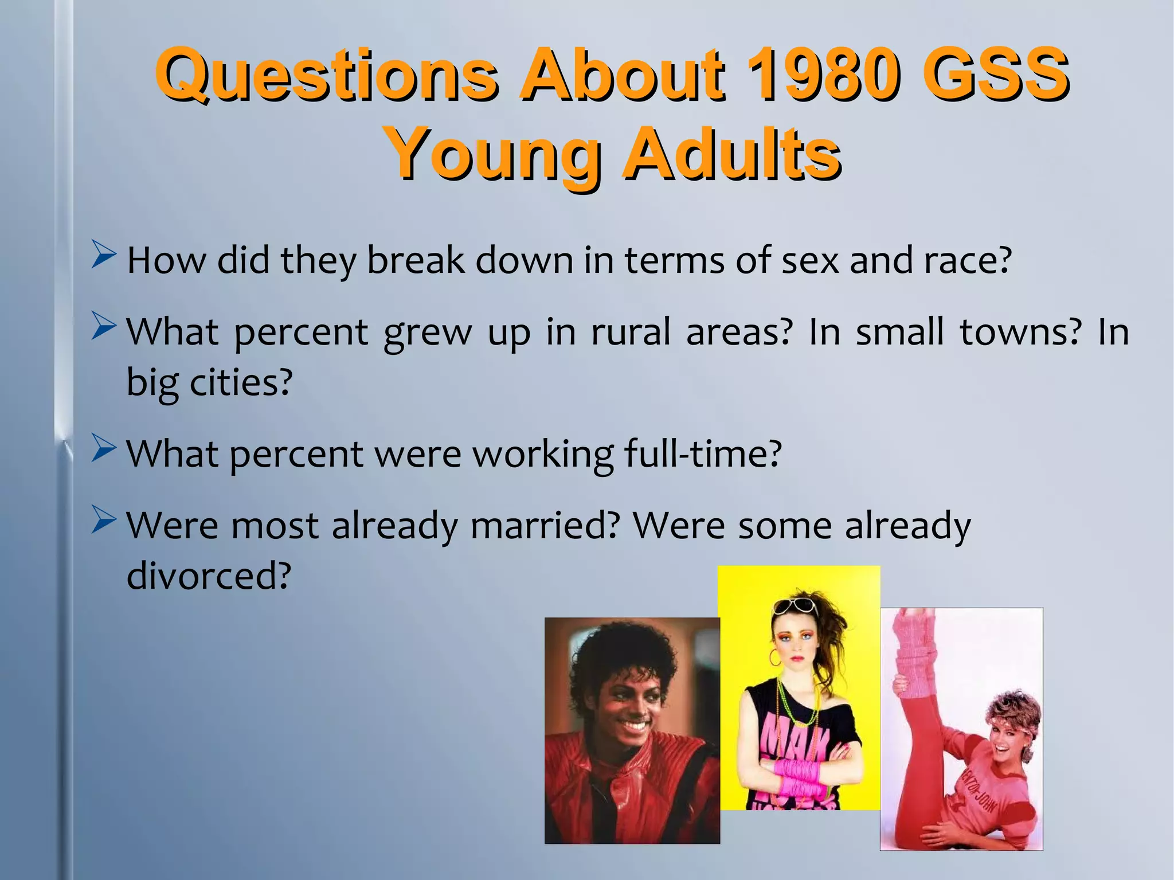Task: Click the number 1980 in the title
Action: pos(824,75)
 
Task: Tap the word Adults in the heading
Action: pos(731,154)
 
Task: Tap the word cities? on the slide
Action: pos(241,382)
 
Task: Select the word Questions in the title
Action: pos(327,75)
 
